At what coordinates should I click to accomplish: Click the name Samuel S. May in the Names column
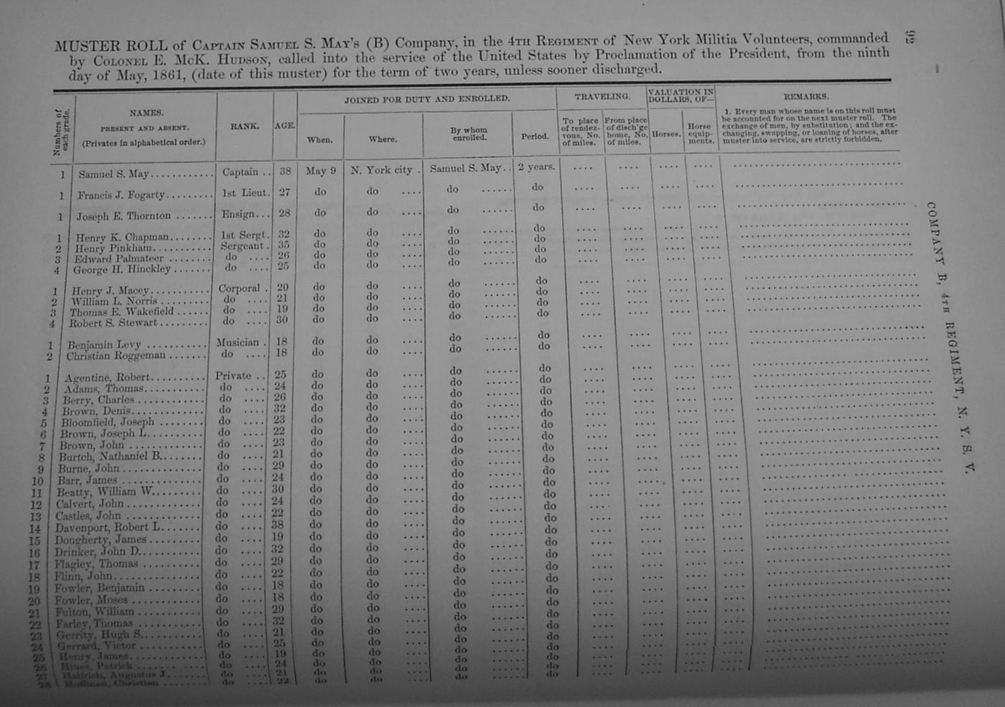[x=113, y=174]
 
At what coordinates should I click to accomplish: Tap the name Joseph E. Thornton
[x=123, y=215]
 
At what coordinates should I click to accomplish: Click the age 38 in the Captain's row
[x=285, y=172]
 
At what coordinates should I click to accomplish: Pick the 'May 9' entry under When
[x=320, y=171]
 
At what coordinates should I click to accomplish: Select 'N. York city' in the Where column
[x=381, y=170]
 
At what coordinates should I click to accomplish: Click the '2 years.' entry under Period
[x=536, y=167]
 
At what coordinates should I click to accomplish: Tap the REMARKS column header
[x=805, y=96]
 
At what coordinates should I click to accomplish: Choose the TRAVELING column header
[x=602, y=96]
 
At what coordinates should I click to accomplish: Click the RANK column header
[x=244, y=126]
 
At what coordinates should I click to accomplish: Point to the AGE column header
[x=284, y=126]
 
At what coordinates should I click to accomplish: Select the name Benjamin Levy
[x=104, y=344]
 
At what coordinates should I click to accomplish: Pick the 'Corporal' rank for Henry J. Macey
[x=240, y=289]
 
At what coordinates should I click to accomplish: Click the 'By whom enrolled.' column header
[x=469, y=134]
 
